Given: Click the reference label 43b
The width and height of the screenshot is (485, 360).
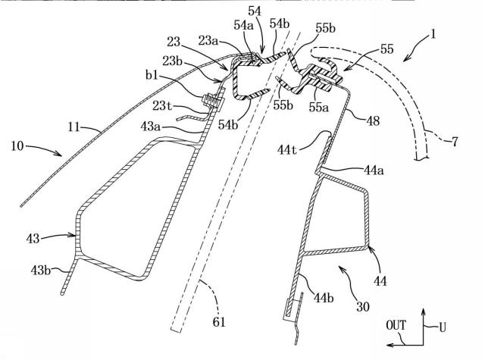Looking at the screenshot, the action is tap(40, 271).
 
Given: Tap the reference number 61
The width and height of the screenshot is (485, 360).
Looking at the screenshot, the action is tap(219, 322).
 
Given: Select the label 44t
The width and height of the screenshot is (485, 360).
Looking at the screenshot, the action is tap(288, 150).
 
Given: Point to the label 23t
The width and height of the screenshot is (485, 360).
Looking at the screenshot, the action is tap(162, 106).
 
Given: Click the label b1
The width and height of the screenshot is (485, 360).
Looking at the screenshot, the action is tap(152, 74).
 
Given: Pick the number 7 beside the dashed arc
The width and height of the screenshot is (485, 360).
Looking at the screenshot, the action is tap(455, 142).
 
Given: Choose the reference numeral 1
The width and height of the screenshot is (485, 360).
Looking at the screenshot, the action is tap(433, 34).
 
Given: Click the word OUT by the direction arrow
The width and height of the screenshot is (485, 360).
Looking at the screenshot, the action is tap(396, 325).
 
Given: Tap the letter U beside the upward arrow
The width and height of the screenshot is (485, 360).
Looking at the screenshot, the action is tap(443, 327).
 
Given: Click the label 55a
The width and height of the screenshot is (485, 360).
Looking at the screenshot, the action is tap(319, 107).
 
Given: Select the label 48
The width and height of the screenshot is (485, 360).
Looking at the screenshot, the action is tap(373, 121).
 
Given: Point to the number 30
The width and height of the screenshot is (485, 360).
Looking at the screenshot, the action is tap(363, 306).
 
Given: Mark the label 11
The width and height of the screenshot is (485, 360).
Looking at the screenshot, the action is tap(74, 127).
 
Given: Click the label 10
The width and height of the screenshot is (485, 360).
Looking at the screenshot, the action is tap(17, 146).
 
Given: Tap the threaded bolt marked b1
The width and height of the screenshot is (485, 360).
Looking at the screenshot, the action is tap(212, 101).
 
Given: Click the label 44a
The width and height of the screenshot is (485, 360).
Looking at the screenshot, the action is tap(374, 170).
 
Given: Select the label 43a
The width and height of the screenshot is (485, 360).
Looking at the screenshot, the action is tap(150, 126).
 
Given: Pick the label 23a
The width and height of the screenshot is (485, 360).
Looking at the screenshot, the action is tap(208, 40).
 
